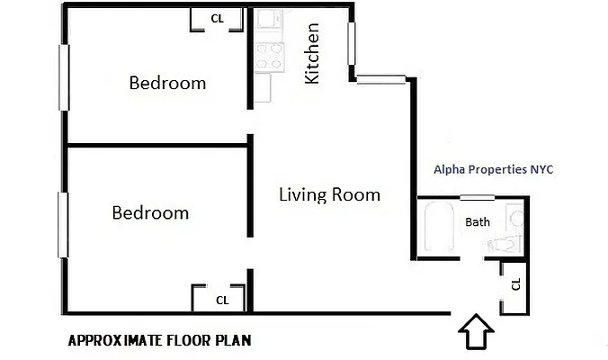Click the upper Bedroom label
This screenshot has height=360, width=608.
pos(167,83)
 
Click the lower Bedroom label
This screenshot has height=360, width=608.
pos(150,213)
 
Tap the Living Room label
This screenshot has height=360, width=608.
pos(329,194)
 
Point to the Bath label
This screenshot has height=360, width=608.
pos(477,221)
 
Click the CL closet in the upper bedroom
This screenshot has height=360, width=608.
pos(217,19)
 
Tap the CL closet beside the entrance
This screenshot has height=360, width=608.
pos(514,284)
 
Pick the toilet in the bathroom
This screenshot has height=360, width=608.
pos(504,245)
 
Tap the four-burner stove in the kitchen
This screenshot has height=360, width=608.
pos(267,57)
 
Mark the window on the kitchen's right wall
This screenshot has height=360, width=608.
pos(353,44)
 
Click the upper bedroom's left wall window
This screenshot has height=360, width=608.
pos(64,77)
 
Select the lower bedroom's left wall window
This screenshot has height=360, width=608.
pos(64,222)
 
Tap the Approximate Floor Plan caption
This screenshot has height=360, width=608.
pos(159,341)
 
